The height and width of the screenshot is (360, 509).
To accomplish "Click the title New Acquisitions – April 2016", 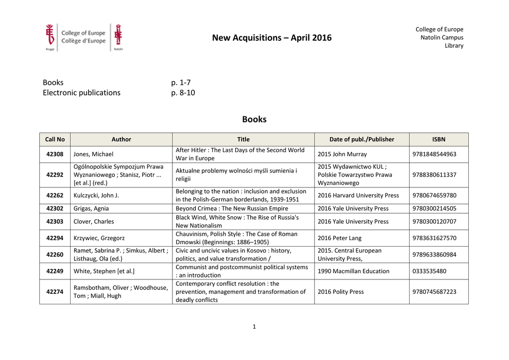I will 271,38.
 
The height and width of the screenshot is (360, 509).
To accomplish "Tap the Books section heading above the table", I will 254,119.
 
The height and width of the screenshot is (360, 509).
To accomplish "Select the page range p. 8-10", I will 183,92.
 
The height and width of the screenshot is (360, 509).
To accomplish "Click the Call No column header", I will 55,139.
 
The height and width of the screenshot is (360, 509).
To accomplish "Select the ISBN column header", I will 438,139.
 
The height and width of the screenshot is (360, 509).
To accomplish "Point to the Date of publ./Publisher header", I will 361,139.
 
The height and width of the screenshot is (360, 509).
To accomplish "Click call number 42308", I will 55,154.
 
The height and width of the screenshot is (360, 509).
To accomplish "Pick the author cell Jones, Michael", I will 93,154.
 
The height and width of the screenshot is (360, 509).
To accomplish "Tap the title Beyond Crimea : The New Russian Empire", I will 232,208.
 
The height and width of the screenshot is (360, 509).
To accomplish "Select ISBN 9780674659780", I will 434,195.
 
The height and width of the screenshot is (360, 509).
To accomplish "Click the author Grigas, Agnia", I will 91,208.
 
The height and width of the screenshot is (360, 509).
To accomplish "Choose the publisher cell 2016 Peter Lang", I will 339,238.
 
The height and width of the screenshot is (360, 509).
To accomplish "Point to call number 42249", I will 55,271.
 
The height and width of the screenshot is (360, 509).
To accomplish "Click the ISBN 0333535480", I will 429,271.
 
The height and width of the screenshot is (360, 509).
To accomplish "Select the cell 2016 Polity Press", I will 340,292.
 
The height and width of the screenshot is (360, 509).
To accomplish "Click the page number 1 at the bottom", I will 254,327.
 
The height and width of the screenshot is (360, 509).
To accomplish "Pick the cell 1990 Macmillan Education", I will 353,271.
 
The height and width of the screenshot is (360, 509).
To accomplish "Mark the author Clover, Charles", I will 93,222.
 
